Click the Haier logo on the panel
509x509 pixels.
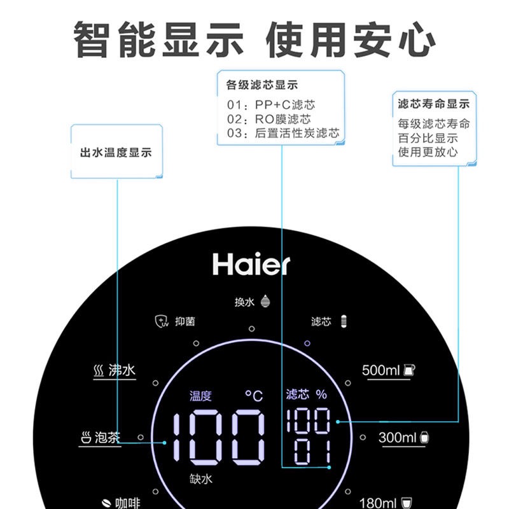251,263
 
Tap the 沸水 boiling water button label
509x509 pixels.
122,370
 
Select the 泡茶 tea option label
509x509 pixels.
108,438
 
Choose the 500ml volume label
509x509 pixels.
381,370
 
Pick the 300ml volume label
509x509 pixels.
397,438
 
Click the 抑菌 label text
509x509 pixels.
185,321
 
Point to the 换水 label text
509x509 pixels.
244,302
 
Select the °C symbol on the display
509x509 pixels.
254,396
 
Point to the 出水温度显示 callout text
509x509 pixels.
116,153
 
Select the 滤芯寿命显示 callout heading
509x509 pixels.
433,104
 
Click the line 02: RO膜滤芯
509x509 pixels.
268,119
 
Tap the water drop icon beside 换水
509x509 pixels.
265,302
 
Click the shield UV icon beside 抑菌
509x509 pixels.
162,321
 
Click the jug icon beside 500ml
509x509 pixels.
410,370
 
